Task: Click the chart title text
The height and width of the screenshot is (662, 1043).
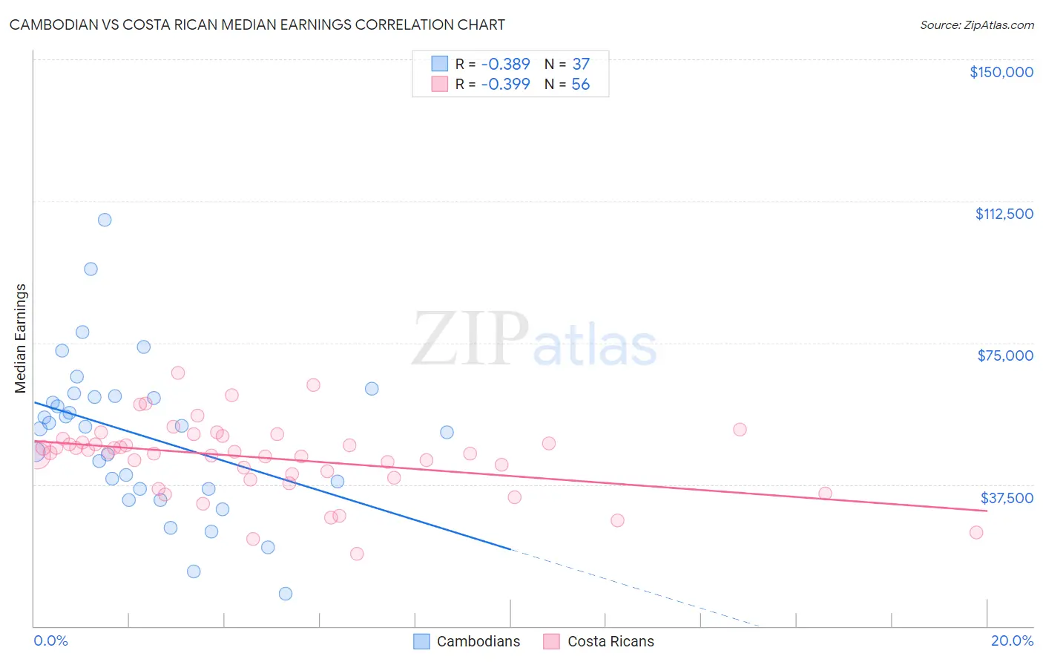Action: pos(257,24)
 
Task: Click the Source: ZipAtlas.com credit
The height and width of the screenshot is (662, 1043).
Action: pos(976,24)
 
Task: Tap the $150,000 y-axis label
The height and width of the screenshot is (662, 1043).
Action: pos(1001,72)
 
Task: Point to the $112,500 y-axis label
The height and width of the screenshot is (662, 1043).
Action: pos(1004,214)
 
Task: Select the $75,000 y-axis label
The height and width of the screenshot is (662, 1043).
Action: pos(1004,355)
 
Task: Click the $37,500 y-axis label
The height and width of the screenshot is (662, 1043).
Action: pos(1006,498)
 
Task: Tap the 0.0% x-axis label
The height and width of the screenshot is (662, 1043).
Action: pos(50,640)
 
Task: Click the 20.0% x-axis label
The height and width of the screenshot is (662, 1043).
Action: pos(1011,640)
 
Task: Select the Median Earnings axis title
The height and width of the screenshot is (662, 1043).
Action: pos(21,338)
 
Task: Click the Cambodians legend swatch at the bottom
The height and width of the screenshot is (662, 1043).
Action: pos(421,641)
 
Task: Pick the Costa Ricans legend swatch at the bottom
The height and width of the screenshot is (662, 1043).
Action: pos(551,641)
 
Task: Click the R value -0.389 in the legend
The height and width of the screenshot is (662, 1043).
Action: pos(505,65)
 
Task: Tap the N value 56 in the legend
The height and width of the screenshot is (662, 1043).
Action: pos(580,85)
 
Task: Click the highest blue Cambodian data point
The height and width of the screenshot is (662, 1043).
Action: pos(105,220)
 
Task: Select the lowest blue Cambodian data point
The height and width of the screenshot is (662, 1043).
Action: pos(286,594)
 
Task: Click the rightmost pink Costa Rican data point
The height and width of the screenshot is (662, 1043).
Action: pos(976,532)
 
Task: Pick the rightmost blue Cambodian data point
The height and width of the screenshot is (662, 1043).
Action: pos(447,432)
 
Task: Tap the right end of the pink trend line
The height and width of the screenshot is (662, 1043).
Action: pos(987,511)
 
